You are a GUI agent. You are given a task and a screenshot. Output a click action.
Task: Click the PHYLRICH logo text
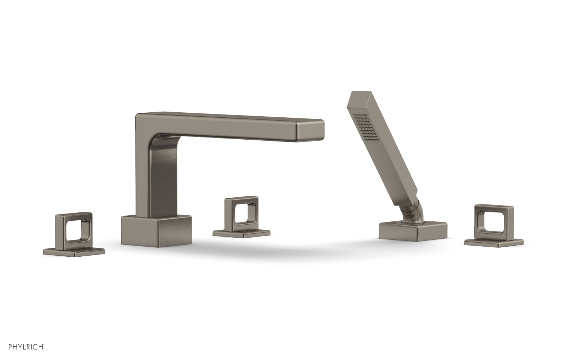[22, 347]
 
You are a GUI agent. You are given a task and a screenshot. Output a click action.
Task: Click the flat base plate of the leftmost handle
[74, 251]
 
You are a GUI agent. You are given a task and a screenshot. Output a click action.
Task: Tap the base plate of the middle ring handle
[241, 233]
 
